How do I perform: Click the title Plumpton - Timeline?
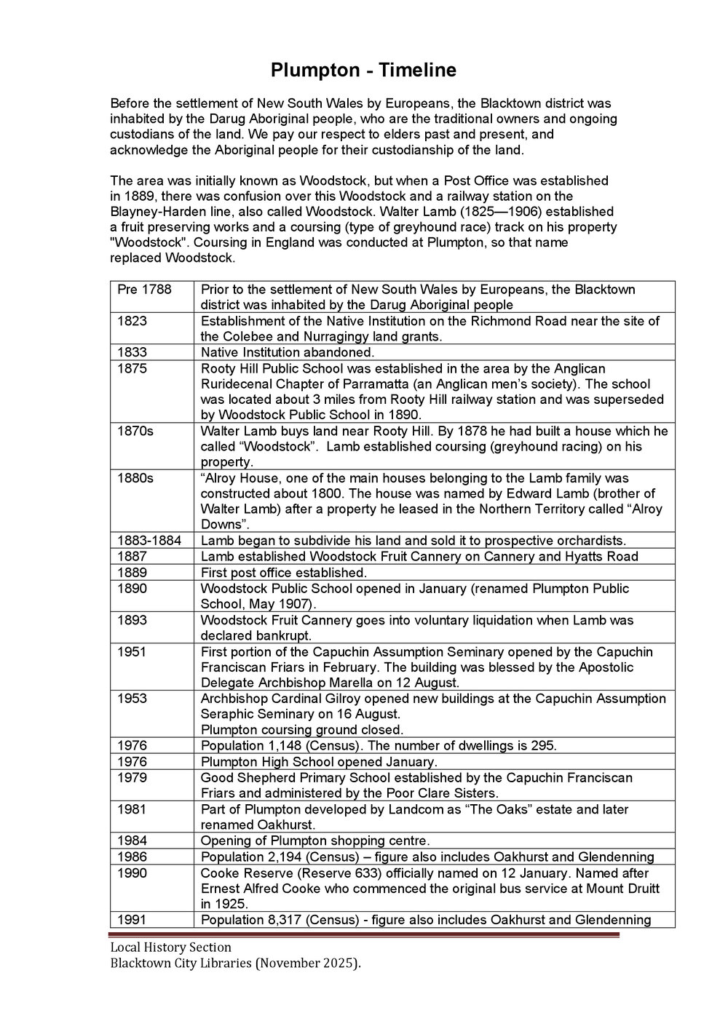point(363,71)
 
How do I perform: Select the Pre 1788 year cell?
point(144,290)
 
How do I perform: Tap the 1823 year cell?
point(132,321)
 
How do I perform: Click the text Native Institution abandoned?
point(287,353)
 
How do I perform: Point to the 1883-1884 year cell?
point(149,541)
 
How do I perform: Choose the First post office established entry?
point(283,573)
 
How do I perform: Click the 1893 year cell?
point(132,620)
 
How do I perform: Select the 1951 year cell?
point(132,652)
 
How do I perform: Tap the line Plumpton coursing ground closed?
point(301,730)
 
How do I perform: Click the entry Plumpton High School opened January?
point(318,762)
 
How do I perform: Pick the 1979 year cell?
point(132,778)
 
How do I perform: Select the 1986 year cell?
point(132,857)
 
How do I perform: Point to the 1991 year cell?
point(132,920)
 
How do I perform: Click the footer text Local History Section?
point(170,947)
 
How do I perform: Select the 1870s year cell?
point(135,431)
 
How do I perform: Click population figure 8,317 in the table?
point(287,920)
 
